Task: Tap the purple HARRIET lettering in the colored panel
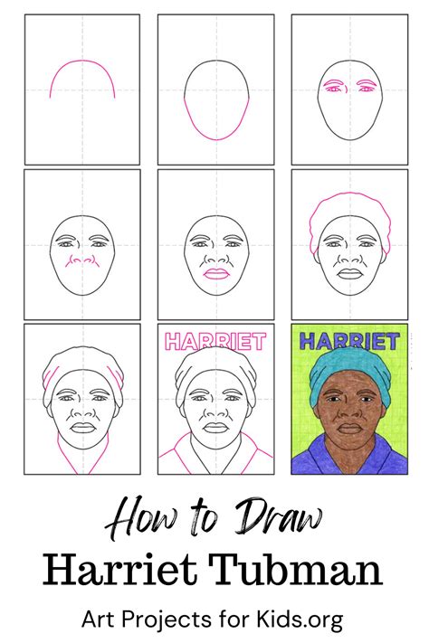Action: pos(348,342)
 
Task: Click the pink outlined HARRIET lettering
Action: pos(214,342)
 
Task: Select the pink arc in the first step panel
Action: pos(81,74)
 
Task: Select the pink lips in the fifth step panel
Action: pos(215,274)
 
